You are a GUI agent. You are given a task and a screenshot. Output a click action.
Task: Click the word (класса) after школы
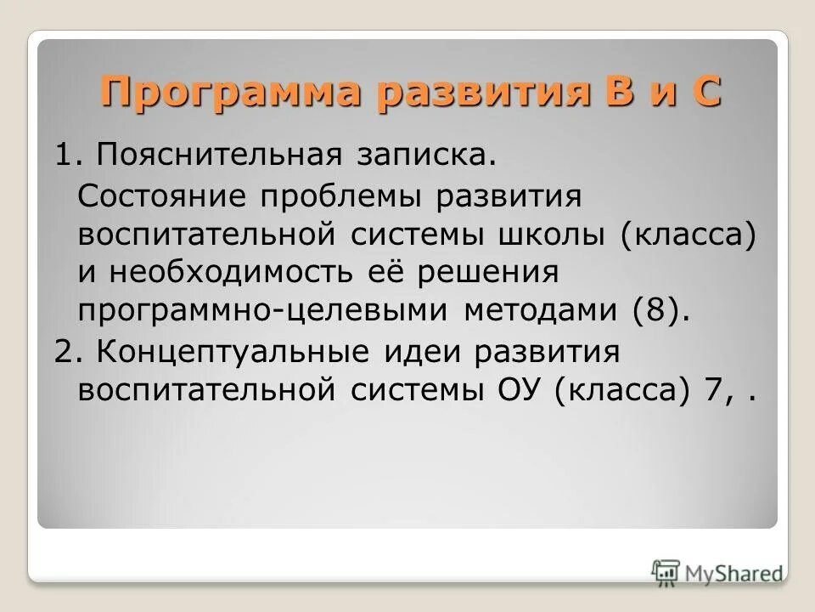687,235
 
